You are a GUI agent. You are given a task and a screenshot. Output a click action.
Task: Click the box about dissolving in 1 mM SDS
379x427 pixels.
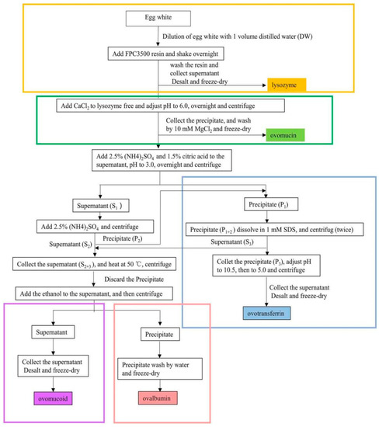pos(263,231)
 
